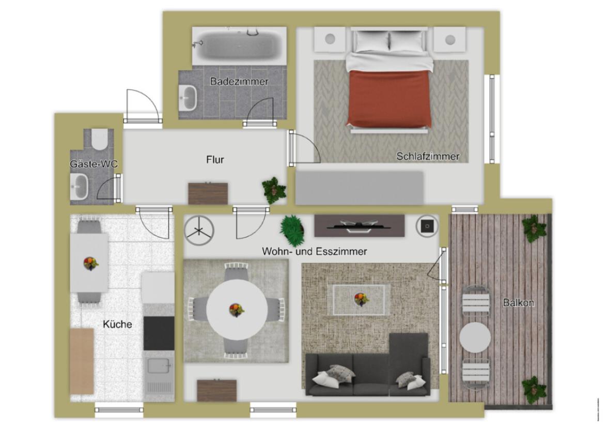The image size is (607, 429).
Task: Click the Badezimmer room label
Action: pyautogui.click(x=239, y=82)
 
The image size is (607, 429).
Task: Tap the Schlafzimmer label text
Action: pyautogui.click(x=428, y=157)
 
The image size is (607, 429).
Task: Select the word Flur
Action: pyautogui.click(x=215, y=160)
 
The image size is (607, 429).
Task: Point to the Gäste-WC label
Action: pyautogui.click(x=94, y=164)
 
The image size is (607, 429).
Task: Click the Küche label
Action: pyautogui.click(x=117, y=324)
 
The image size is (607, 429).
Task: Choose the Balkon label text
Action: pyautogui.click(x=518, y=302)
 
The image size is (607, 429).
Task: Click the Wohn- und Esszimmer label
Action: pyautogui.click(x=314, y=251)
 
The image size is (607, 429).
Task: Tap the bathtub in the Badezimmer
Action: pyautogui.click(x=239, y=45)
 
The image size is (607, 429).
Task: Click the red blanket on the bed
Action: pyautogui.click(x=389, y=98)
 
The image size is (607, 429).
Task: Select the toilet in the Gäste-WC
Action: pyautogui.click(x=99, y=140)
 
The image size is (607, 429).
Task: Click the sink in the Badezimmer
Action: pyautogui.click(x=188, y=98)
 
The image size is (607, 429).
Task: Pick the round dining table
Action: pyautogui.click(x=237, y=310)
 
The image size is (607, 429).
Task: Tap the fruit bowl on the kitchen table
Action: pyautogui.click(x=90, y=264)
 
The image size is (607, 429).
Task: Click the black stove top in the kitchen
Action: pyautogui.click(x=159, y=333)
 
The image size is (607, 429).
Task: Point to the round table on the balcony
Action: pyautogui.click(x=475, y=337)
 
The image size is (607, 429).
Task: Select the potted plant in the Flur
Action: pyautogui.click(x=274, y=190)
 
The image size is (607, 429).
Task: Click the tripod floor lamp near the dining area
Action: pyautogui.click(x=199, y=231)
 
